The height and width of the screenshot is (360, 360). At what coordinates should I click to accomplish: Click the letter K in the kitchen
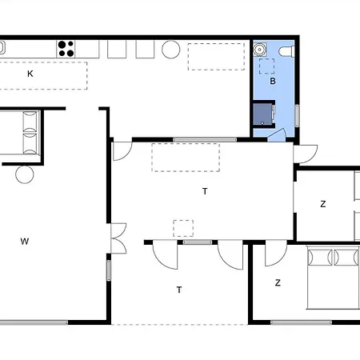pyautogui.click(x=30, y=74)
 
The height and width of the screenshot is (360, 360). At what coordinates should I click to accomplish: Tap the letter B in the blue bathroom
pyautogui.click(x=273, y=81)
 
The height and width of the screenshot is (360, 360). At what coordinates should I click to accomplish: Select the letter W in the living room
pyautogui.click(x=25, y=242)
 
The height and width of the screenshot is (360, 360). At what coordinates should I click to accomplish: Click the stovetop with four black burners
pyautogui.click(x=66, y=49)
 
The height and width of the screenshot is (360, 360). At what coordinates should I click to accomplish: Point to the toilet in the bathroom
pyautogui.click(x=286, y=51)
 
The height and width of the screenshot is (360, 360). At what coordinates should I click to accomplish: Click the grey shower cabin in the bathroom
pyautogui.click(x=263, y=114)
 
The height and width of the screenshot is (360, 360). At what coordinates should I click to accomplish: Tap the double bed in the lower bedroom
pyautogui.click(x=334, y=278)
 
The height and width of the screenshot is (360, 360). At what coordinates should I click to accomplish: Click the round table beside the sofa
pyautogui.click(x=25, y=174)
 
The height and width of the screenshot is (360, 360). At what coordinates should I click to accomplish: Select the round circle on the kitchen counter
pyautogui.click(x=171, y=49)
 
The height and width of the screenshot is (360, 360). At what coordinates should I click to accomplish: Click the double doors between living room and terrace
pyautogui.click(x=118, y=238)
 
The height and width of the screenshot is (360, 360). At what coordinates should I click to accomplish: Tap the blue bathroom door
pyautogui.click(x=278, y=134)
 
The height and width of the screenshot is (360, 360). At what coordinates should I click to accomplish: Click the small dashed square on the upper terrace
pyautogui.click(x=183, y=228)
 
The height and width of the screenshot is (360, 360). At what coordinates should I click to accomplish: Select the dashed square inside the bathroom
pyautogui.click(x=266, y=66)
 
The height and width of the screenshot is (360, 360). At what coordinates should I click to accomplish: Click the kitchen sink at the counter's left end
pyautogui.click(x=2, y=47)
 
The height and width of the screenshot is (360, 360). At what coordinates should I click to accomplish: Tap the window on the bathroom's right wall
pyautogui.click(x=297, y=116)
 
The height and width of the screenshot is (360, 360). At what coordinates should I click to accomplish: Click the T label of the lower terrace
pyautogui.click(x=179, y=290)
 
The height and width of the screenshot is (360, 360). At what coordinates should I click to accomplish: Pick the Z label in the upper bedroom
pyautogui.click(x=323, y=204)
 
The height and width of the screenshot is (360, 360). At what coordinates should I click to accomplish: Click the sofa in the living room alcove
pyautogui.click(x=20, y=133)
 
